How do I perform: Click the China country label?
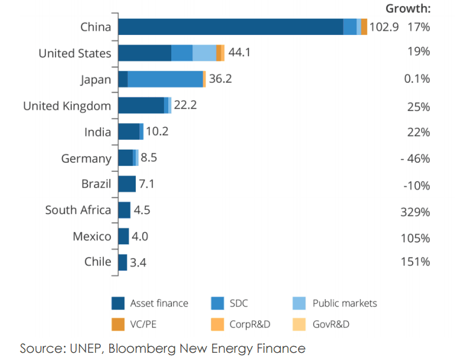[95, 27]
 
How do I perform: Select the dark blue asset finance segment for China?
[230, 27]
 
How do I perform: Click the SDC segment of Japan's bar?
[165, 79]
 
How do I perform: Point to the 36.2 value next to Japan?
[220, 79]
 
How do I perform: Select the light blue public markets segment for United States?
[204, 53]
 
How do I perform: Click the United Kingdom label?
[67, 106]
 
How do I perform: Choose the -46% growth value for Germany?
[414, 159]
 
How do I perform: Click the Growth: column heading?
[408, 8]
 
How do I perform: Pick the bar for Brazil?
[127, 184]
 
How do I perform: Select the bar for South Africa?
[124, 210]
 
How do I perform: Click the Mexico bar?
[124, 236]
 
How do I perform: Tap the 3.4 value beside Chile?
[138, 262]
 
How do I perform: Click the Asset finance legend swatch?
[118, 303]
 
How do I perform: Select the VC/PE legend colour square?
[118, 324]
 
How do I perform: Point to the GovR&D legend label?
[331, 324]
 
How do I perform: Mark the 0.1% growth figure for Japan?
[417, 79]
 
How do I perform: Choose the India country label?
[98, 132]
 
